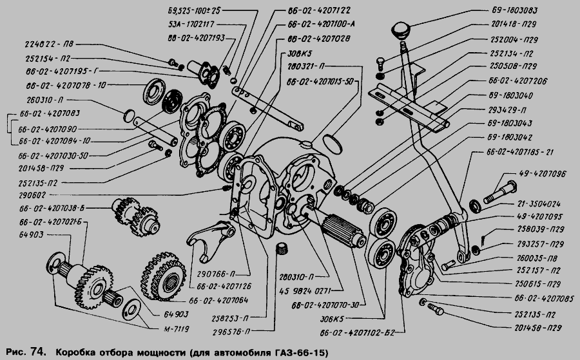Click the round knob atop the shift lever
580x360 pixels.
[x=403, y=31]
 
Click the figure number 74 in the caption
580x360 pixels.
[x=37, y=352]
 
